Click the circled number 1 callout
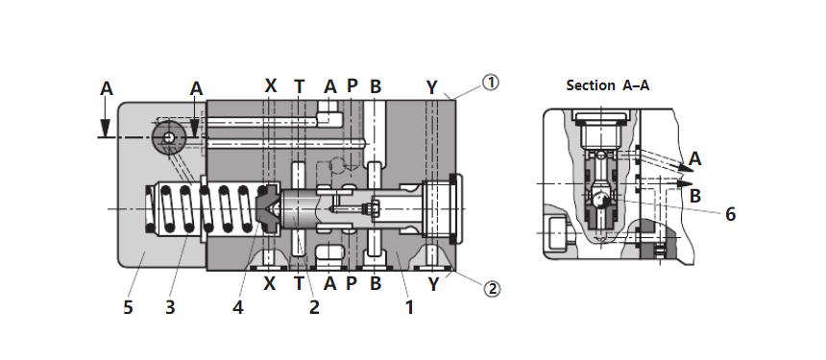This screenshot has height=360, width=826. point(491,83)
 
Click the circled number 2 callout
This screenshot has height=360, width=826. point(492,289)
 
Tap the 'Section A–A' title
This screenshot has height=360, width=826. point(607,85)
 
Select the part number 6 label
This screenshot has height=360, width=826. point(730,214)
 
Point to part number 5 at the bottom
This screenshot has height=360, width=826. point(128,307)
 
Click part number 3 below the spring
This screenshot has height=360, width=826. point(170,307)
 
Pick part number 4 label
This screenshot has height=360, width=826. point(238,307)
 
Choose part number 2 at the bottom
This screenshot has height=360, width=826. point(314,307)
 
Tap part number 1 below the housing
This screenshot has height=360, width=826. point(409,307)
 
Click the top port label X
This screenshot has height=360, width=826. point(270,85)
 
